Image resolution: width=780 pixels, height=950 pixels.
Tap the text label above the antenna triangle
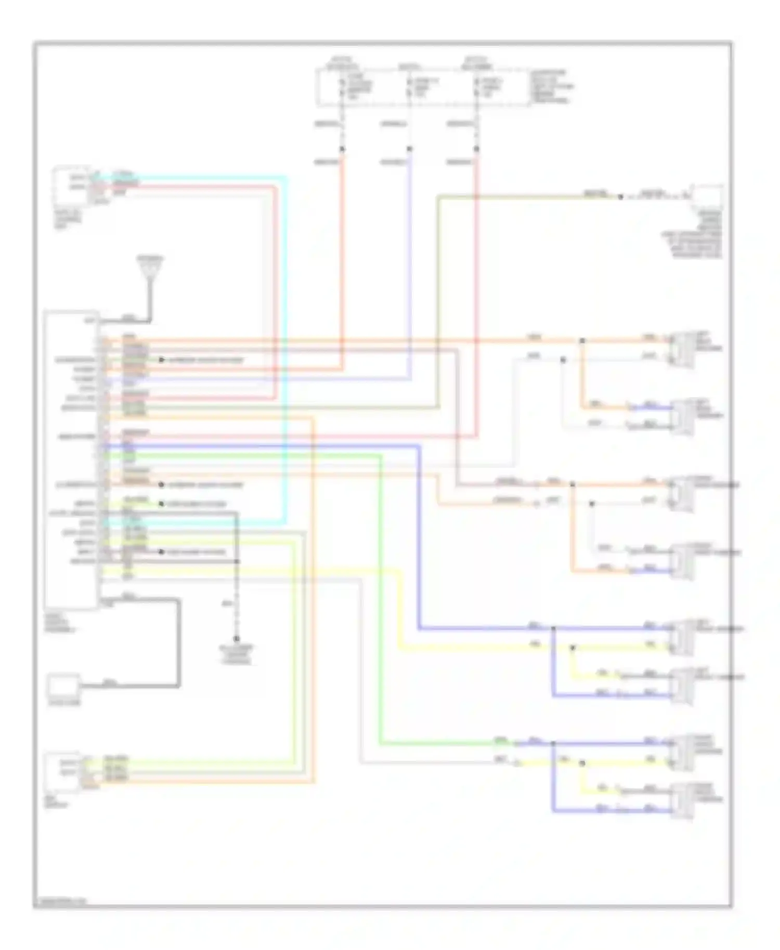point(150,258)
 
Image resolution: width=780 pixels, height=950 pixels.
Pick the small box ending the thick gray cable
point(64,687)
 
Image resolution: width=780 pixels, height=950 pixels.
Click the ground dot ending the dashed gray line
point(237,639)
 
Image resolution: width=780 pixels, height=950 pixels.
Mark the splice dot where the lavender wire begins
point(409,149)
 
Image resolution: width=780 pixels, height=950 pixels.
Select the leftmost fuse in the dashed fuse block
point(342,88)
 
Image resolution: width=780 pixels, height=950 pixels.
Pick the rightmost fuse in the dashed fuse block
point(476,88)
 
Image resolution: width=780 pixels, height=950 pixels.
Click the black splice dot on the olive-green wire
point(620,197)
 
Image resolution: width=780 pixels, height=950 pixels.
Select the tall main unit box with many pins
point(71,459)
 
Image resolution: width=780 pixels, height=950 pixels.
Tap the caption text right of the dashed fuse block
point(551,87)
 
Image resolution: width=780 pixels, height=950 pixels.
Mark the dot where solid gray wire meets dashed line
point(237,561)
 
